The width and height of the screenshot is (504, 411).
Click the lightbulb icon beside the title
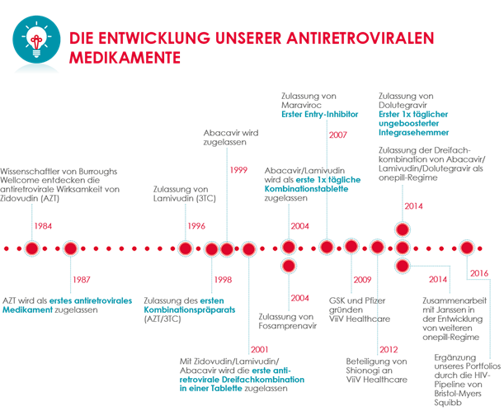coord(36,40)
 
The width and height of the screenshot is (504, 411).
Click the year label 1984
coord(43,226)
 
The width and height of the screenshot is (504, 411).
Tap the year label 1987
coord(82,280)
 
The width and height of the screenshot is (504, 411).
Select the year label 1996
coord(196,226)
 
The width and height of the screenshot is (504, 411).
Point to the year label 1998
coord(223,280)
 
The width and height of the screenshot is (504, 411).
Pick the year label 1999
coord(238,170)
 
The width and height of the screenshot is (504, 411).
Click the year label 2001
coord(259,350)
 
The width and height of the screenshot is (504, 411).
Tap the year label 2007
coord(338,135)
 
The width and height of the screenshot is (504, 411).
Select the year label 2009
coord(363,280)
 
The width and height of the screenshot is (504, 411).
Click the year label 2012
coord(389,350)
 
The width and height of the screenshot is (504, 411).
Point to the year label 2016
coord(479,273)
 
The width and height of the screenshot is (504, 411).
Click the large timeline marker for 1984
coord(32,248)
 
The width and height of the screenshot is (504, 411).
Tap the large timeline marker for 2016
coord(467,248)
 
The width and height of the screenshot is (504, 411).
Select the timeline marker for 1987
coord(71,248)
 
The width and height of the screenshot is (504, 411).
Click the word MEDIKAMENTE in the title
coord(125,58)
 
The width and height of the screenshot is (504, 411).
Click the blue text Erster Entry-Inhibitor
coord(320,114)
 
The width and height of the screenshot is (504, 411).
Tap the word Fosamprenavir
coord(288,326)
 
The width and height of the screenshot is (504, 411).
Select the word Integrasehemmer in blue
coord(414,133)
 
